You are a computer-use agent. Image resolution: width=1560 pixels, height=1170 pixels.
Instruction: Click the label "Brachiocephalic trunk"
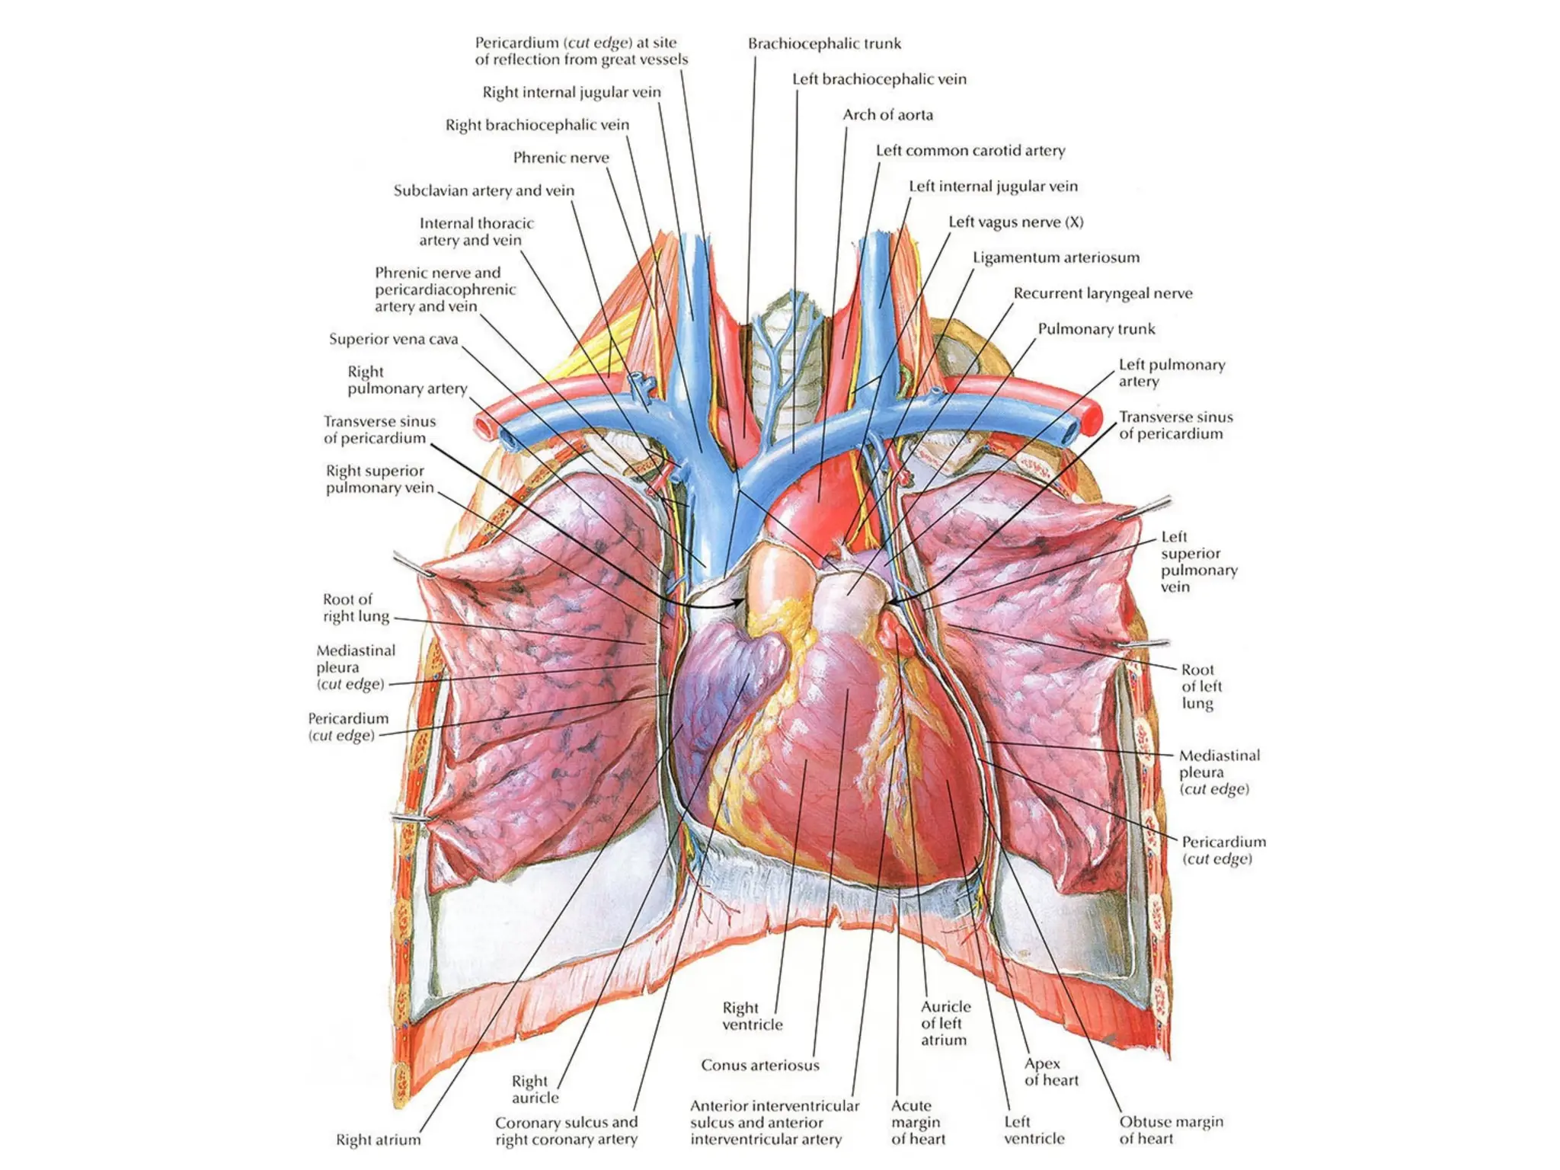pos(824,43)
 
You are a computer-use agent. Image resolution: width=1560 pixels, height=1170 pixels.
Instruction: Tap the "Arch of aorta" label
pos(887,115)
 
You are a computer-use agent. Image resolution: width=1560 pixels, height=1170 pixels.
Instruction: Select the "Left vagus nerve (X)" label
pos(1015,222)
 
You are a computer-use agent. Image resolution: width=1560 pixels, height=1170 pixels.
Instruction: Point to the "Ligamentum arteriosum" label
pos(1056,257)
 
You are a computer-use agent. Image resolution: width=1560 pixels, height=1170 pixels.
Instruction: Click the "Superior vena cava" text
pos(393,339)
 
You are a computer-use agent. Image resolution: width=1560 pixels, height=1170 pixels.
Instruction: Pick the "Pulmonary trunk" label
pos(1096,329)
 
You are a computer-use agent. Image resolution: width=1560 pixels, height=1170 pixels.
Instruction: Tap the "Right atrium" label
pos(378,1140)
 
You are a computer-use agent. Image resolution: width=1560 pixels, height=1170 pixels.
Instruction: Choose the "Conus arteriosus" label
pos(760,1065)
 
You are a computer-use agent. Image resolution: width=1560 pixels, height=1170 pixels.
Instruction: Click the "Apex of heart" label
pos(1051,1072)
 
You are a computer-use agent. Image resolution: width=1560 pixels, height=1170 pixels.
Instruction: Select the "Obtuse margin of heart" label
pos(1171,1130)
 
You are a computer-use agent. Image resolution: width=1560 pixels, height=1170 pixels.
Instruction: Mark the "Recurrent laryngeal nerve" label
pos(1102,293)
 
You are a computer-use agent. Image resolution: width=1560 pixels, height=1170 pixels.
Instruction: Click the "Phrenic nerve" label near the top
pos(561,158)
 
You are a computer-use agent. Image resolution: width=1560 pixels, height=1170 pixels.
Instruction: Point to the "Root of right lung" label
pos(356,608)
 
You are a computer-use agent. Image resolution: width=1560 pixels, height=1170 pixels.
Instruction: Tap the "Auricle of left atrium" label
pos(945,1023)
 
